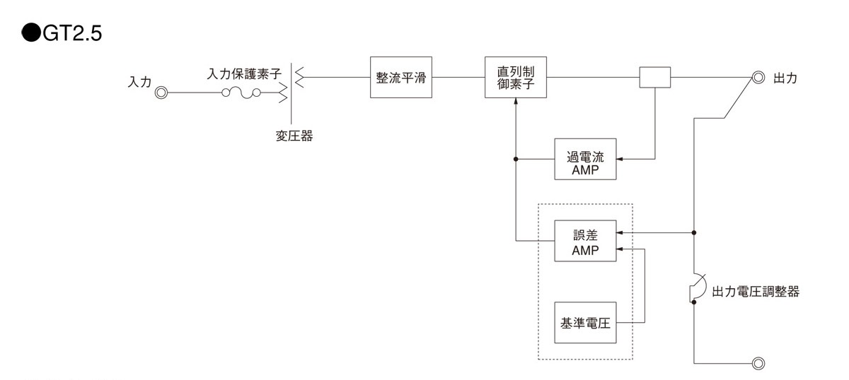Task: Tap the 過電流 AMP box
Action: pyautogui.click(x=585, y=159)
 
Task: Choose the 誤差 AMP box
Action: pyautogui.click(x=585, y=240)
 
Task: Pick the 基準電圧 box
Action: pyautogui.click(x=585, y=323)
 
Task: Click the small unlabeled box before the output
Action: pyautogui.click(x=654, y=77)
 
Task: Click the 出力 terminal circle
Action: pyautogui.click(x=758, y=78)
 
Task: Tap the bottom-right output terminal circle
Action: pyautogui.click(x=758, y=364)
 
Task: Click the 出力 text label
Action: pyautogui.click(x=786, y=78)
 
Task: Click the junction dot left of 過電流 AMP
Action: pyautogui.click(x=516, y=159)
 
